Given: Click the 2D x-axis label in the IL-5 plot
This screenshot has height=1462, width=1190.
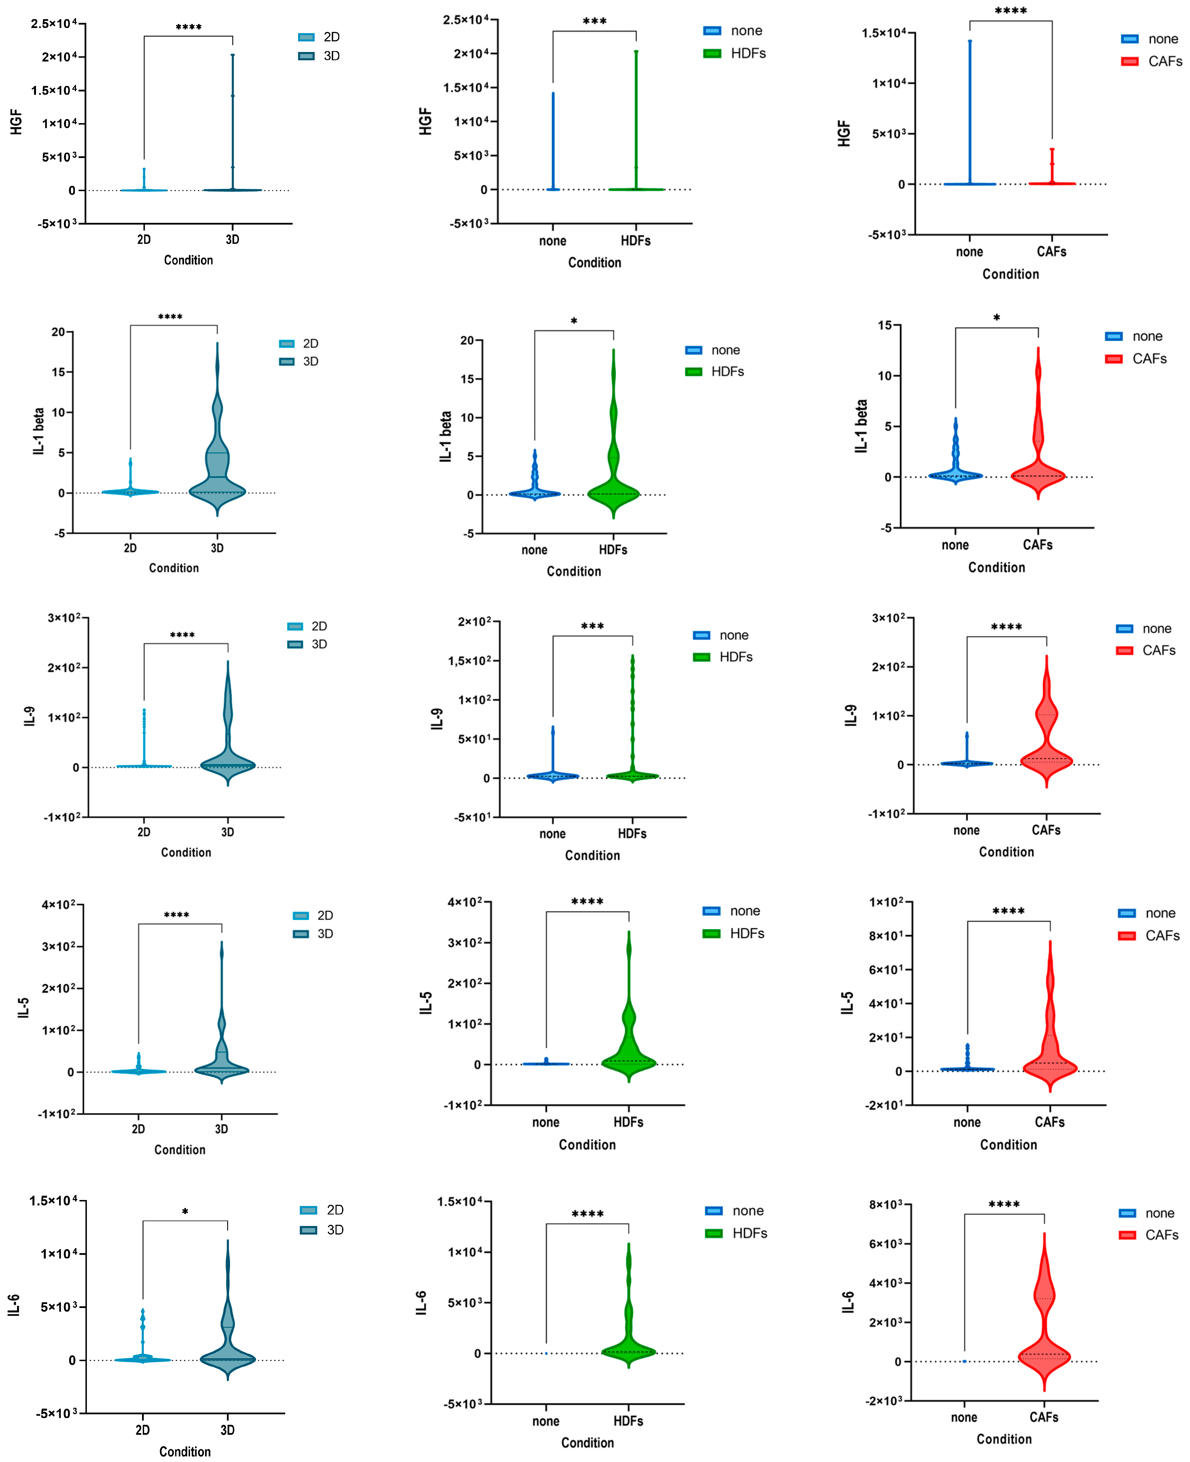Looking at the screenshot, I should coord(139,1129).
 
